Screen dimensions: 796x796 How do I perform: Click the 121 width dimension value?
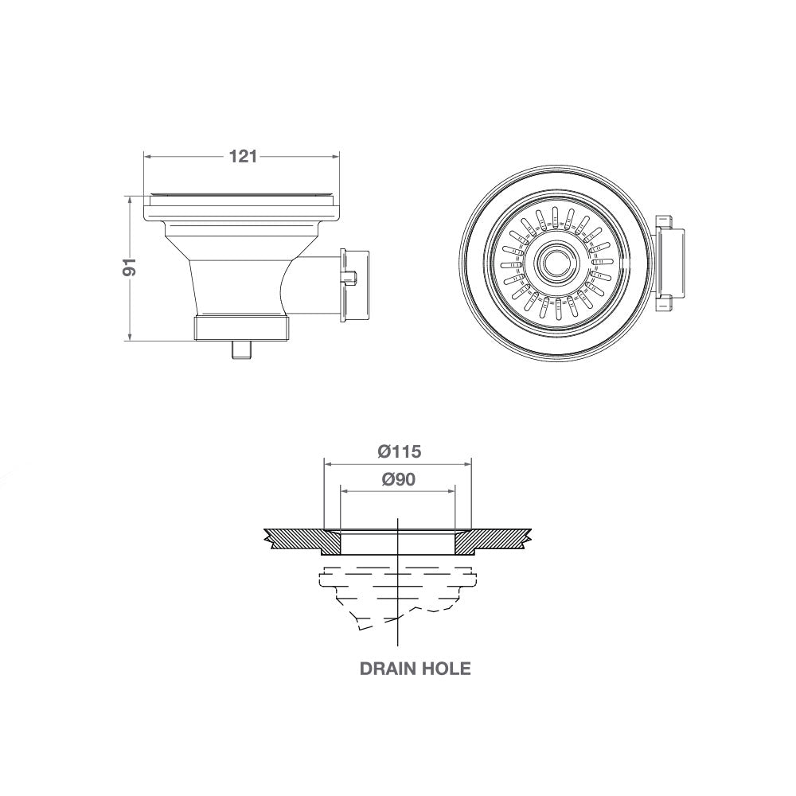[x=243, y=157]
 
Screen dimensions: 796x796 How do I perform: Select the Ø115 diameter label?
[x=398, y=451]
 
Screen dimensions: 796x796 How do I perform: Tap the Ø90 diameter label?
[x=398, y=479]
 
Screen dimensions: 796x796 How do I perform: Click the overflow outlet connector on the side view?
[x=354, y=285]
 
